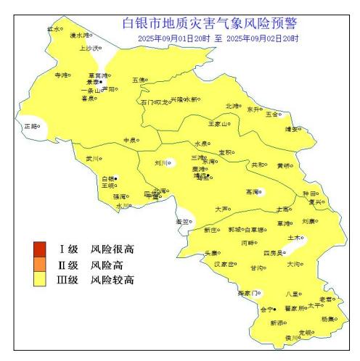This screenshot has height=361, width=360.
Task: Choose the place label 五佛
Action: (x=138, y=80)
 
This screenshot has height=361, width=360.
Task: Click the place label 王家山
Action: (x=218, y=123)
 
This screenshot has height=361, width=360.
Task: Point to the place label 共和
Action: (x=258, y=165)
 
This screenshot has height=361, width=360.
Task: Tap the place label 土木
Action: (x=294, y=237)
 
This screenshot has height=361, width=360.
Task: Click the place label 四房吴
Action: (x=273, y=253)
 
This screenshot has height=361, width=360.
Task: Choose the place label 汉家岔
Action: (x=224, y=264)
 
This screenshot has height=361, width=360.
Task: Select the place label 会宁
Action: (x=266, y=310)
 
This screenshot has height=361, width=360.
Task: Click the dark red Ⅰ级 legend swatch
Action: (x=39, y=250)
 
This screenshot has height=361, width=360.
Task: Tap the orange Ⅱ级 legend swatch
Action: (x=39, y=265)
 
